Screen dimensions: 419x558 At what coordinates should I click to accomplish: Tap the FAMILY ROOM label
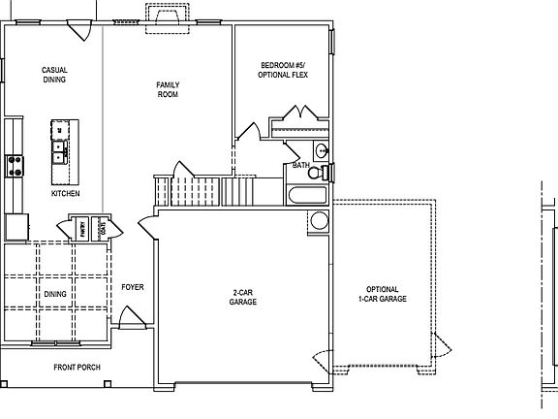coord(168,91)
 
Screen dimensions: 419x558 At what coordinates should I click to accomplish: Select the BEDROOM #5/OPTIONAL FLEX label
coord(284,71)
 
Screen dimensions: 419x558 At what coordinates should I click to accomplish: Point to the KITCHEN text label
coord(66,194)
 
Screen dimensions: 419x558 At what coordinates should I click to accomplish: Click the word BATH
coord(301,166)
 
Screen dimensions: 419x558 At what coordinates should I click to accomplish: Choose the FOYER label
coord(133,287)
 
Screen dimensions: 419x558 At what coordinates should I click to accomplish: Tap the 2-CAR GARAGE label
coord(242,298)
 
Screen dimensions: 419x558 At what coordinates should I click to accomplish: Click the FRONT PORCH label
coord(77,368)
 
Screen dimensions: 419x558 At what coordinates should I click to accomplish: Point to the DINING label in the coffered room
coord(55,294)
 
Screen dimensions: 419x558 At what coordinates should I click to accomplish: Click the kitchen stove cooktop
coord(14,166)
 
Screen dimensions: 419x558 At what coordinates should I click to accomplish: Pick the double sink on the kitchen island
coord(60,150)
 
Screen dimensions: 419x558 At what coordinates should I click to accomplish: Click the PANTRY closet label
coord(84,231)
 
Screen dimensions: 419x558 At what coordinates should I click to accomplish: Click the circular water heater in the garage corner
coord(321,220)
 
